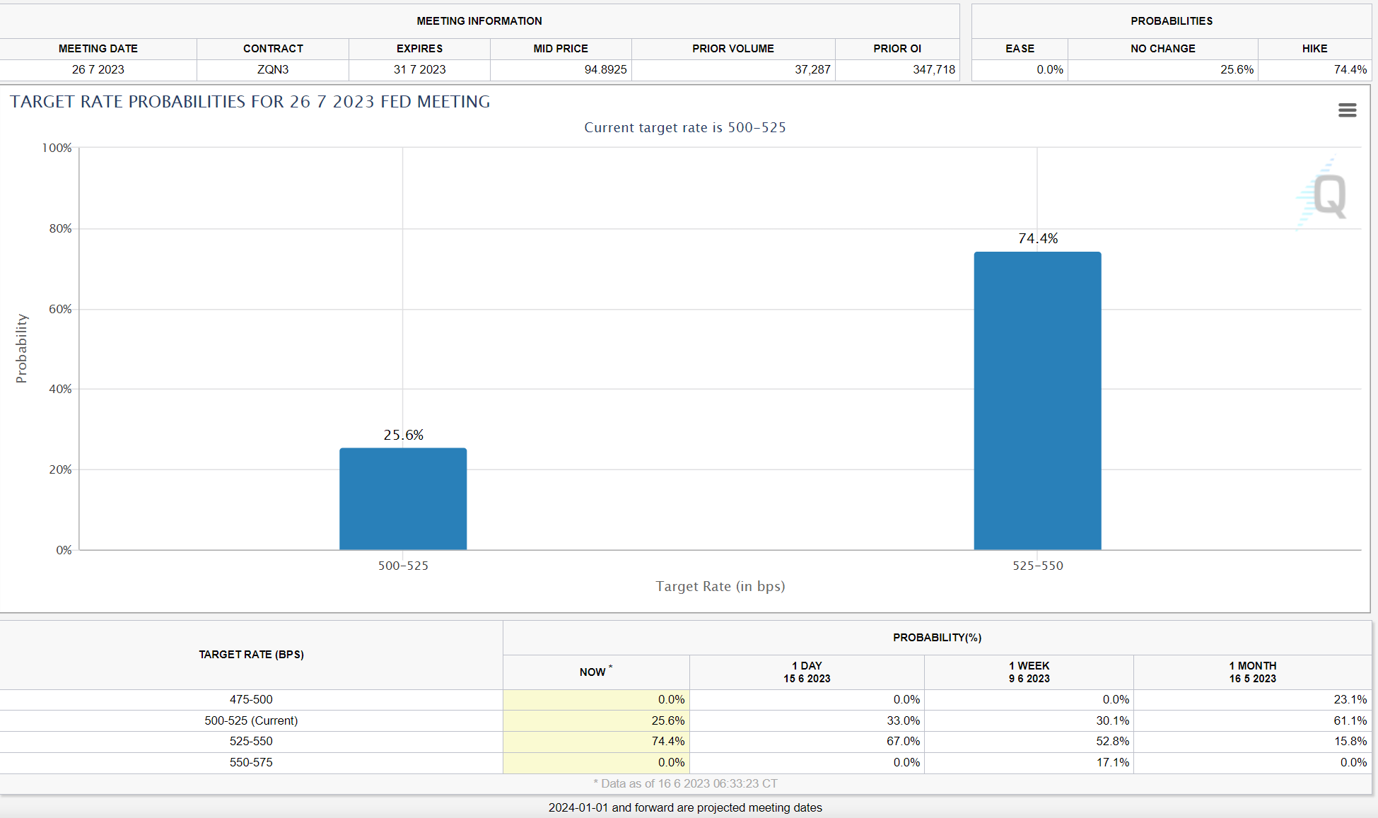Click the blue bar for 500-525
403,498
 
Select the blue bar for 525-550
1037,401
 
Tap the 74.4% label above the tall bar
1038,238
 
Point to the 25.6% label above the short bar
404,435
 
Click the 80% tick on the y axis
60,228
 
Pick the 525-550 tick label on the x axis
1038,566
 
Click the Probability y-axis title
22,349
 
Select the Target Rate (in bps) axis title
720,586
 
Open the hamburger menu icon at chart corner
1348,110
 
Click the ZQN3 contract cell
273,69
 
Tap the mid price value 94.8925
605,69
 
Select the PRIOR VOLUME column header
733,49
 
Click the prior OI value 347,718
934,69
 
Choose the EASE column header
1020,49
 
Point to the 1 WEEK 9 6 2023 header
1029,672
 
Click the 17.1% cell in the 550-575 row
1113,762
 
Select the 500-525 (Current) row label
251,720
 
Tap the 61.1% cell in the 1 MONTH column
1350,720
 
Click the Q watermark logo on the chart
1323,194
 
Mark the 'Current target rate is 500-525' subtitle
685,127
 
